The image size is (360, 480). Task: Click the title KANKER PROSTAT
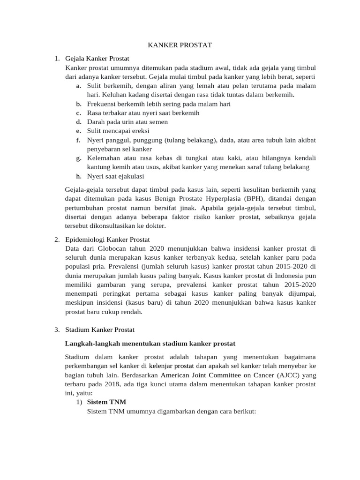click(180, 45)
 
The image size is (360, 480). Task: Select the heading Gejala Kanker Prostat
click(97, 59)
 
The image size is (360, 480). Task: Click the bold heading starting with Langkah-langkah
click(150, 344)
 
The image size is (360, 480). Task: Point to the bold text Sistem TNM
click(106, 402)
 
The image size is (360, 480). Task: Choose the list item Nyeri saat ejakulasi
click(116, 176)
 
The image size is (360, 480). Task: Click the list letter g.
click(78, 158)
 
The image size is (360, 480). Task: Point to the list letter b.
click(78, 104)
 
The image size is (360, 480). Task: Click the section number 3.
click(56, 330)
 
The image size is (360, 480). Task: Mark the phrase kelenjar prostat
click(172, 366)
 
